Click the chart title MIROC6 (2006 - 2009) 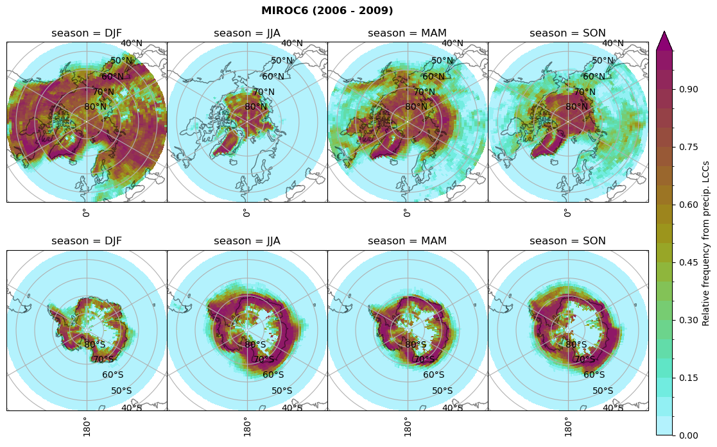tap(327, 11)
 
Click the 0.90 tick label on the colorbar tap(689, 89)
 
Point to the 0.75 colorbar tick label tap(689, 147)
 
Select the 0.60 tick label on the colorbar tap(689, 205)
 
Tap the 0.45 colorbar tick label tap(689, 262)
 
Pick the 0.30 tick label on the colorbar tap(689, 320)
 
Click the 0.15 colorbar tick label tap(689, 378)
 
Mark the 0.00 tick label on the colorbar tap(689, 435)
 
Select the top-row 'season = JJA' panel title tap(247, 33)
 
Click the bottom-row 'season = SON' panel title tap(567, 241)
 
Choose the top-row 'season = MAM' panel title tap(407, 33)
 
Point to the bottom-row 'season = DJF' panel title tap(87, 241)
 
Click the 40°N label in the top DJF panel tap(132, 44)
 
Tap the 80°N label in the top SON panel tap(576, 107)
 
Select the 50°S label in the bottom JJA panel tap(282, 391)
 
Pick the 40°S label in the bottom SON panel tap(612, 408)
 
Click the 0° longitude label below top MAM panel tap(406, 212)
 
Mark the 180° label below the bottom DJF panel tap(85, 426)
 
